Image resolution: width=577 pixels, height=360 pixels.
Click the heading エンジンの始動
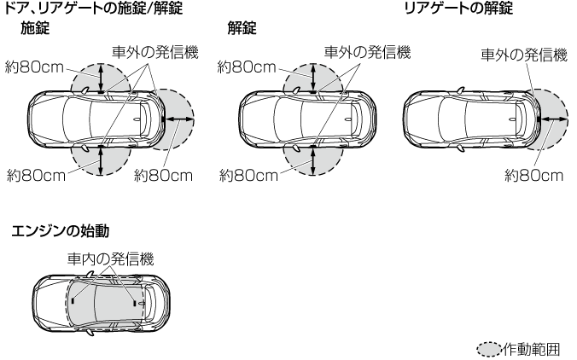59,230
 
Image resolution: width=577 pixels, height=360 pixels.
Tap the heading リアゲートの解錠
459,9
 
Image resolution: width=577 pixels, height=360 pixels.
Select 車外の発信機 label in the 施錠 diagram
154,52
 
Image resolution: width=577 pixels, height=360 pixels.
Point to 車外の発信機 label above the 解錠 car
367,52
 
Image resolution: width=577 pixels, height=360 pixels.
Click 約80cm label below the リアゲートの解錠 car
533,175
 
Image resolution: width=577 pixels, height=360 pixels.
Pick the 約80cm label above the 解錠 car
248,66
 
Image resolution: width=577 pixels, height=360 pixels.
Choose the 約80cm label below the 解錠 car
248,175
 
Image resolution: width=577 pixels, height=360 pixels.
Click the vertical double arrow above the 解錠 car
313,80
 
